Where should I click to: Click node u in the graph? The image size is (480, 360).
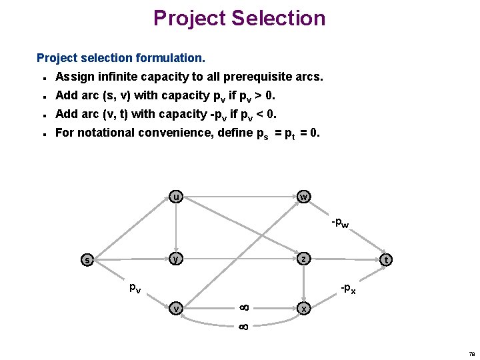point(175,197)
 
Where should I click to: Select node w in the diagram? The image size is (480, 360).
point(303,197)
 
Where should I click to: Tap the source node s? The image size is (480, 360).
point(87,259)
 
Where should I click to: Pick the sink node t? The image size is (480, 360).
point(385,260)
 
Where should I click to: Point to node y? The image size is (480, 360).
point(175,258)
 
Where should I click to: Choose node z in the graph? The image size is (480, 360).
point(303,258)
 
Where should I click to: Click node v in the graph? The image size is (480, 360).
point(175,308)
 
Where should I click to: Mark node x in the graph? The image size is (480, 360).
point(304,309)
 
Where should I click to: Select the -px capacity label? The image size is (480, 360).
point(348,289)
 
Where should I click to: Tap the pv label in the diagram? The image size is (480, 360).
point(135,288)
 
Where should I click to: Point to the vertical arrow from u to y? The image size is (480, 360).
point(175,227)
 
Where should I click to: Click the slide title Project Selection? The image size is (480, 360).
point(239,18)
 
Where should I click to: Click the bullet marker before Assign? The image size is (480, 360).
point(43,77)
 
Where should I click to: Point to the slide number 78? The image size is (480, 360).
point(471,354)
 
